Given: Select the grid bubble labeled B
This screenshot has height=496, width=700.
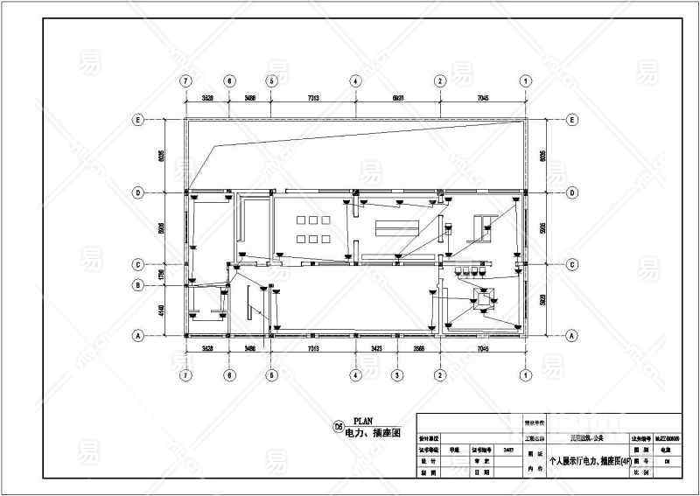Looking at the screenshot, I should (137, 285).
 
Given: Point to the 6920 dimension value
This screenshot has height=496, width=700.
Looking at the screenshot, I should (398, 98).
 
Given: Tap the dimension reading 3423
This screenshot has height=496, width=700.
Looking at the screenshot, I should (377, 348).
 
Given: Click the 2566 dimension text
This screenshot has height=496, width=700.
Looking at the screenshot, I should (419, 348).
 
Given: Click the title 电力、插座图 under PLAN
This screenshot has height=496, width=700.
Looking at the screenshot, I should (372, 433).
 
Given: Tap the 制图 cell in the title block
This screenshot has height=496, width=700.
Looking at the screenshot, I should (428, 472).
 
